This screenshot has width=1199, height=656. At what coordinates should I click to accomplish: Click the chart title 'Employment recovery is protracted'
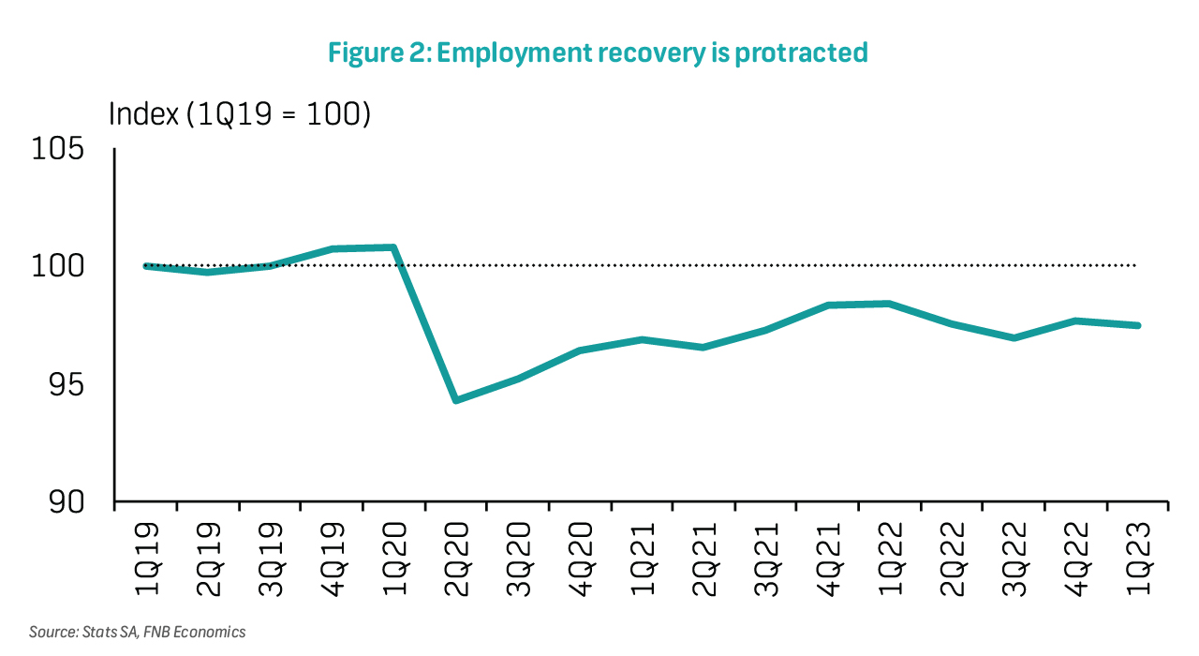598,53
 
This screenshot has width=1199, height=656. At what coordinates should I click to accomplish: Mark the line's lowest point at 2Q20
456,400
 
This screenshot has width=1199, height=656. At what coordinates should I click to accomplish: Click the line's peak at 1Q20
394,247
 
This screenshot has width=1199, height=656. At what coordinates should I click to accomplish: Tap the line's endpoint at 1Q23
1136,325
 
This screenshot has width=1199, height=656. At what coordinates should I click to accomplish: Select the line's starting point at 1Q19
146,266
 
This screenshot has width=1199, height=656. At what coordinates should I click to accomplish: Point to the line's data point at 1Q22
889,304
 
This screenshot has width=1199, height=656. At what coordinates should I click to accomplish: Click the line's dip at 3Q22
1013,337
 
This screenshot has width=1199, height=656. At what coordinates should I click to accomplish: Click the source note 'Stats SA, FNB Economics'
138,632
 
